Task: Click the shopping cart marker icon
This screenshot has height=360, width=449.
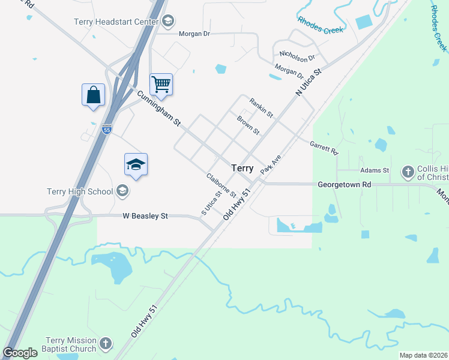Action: click(x=161, y=85)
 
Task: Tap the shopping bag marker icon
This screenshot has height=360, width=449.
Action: click(x=93, y=95)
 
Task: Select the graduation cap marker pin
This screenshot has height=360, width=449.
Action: click(x=136, y=165)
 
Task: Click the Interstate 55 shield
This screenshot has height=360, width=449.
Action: click(x=106, y=128)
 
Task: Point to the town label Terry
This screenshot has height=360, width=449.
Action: click(x=242, y=169)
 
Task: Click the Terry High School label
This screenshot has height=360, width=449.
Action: click(x=80, y=191)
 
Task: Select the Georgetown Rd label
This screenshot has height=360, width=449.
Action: click(x=344, y=185)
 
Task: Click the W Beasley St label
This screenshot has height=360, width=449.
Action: click(x=145, y=216)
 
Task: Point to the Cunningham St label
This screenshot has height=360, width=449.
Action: click(x=158, y=108)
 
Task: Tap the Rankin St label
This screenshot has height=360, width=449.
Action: click(x=261, y=108)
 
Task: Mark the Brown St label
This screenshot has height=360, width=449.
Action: click(x=248, y=125)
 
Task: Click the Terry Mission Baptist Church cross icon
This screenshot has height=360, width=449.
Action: click(x=106, y=344)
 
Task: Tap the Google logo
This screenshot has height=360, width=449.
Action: click(x=20, y=353)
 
